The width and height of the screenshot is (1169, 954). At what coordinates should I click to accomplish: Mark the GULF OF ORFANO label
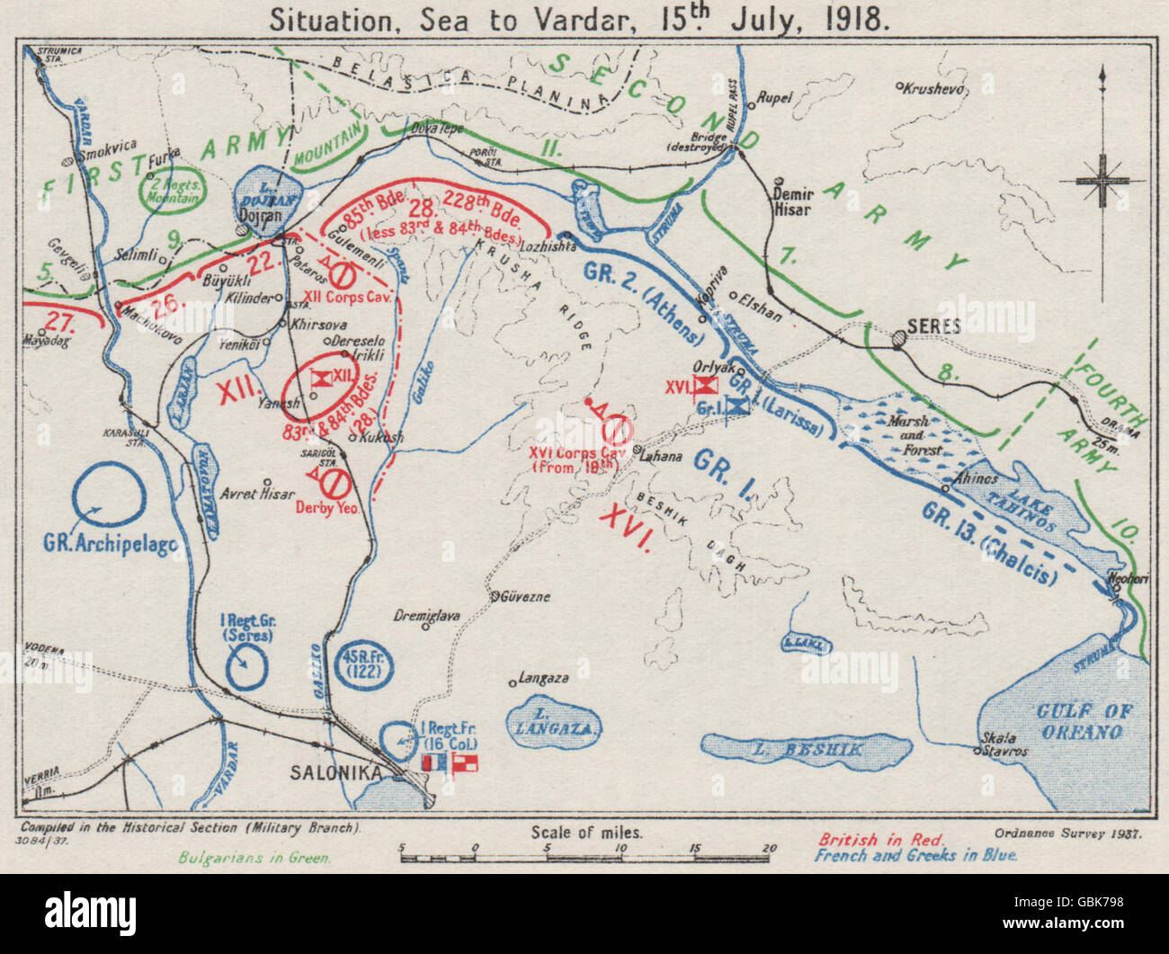1083,721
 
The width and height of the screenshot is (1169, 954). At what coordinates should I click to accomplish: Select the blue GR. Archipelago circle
109,497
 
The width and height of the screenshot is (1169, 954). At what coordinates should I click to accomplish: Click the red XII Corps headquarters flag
317,379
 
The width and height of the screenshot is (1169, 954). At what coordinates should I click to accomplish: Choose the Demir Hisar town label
792,201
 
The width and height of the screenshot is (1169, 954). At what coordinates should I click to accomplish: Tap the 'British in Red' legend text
880,840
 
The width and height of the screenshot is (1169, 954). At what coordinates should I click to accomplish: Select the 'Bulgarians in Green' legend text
255,857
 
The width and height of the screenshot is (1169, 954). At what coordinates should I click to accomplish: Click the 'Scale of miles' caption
586,832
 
